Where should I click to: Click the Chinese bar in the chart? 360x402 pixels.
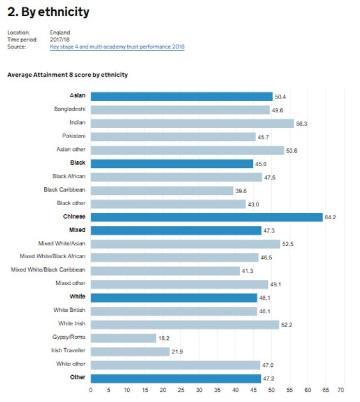click(x=207, y=217)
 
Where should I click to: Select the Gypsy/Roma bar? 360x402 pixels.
click(x=123, y=338)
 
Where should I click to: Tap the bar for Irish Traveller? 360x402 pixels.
click(x=130, y=352)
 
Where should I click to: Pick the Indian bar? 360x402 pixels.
click(x=192, y=123)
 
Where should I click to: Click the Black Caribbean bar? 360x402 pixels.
click(x=162, y=190)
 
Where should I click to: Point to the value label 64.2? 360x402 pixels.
click(x=330, y=217)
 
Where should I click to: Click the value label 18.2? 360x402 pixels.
click(x=164, y=338)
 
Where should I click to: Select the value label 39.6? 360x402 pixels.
click(x=241, y=190)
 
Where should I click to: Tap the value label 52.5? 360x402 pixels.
click(x=288, y=244)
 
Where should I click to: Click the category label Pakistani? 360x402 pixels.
click(x=74, y=135)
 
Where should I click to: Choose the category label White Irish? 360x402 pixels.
click(x=72, y=323)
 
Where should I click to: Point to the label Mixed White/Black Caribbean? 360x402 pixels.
click(x=48, y=270)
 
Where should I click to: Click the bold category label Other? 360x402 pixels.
click(x=78, y=377)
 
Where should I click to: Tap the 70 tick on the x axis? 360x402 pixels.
click(x=341, y=390)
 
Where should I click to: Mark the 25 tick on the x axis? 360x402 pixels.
click(x=181, y=390)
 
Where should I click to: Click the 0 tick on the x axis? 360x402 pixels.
click(x=91, y=390)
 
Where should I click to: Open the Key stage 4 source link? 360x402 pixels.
click(x=117, y=47)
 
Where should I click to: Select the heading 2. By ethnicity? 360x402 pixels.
click(x=48, y=12)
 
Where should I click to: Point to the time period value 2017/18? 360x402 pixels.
click(x=59, y=40)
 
